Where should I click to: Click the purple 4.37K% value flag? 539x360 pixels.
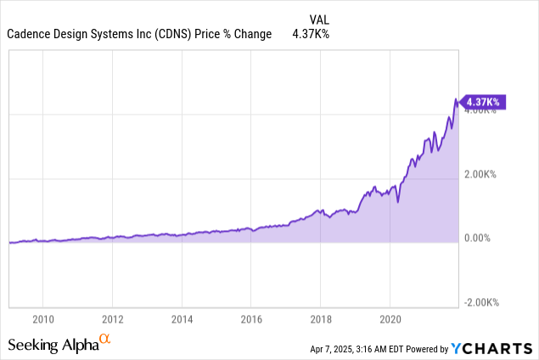tap(482, 102)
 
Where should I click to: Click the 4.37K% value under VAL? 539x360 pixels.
tap(310, 34)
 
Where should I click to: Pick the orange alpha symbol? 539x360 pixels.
tap(105, 340)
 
